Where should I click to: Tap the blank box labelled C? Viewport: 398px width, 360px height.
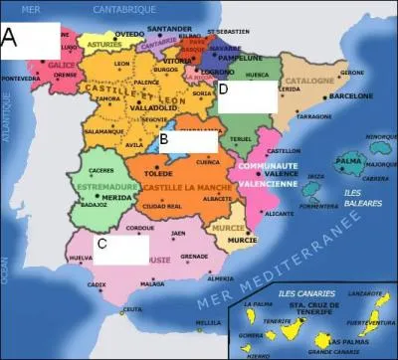[x=127, y=245]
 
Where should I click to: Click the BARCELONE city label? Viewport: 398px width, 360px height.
[x=349, y=96]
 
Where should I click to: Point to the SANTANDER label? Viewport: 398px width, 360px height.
[x=168, y=29]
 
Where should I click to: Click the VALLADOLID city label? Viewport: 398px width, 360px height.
[x=152, y=106]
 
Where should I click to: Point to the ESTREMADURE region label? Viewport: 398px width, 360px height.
[x=101, y=184]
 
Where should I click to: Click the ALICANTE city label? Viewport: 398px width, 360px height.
[x=280, y=213]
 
